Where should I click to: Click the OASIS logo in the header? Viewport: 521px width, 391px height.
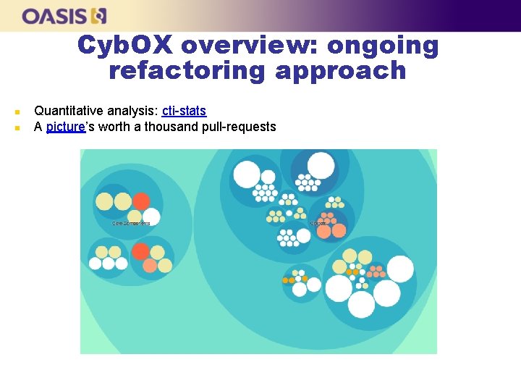(64, 15)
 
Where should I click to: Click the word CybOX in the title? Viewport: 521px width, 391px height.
(124, 45)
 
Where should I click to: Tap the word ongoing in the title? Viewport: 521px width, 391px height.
(383, 45)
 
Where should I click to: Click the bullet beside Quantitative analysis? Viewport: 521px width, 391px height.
(17, 112)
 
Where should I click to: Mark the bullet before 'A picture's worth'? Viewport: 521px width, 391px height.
(17, 127)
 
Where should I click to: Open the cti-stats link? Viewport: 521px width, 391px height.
(184, 111)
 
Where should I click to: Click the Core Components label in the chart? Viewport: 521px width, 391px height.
(131, 223)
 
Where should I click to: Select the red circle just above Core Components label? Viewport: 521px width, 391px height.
(141, 201)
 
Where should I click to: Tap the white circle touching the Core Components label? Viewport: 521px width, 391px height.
(151, 216)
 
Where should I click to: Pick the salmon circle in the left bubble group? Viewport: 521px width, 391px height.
(150, 265)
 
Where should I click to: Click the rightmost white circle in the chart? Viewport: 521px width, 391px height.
(400, 269)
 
